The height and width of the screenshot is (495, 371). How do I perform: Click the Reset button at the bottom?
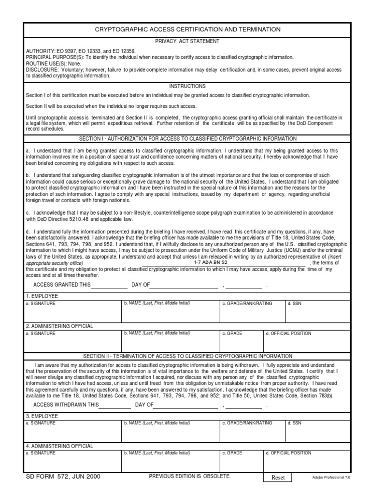pyautogui.click(x=278, y=478)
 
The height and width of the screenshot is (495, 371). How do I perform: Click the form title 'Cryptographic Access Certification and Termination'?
pyautogui.click(x=187, y=30)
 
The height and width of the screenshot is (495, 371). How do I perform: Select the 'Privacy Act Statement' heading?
pyautogui.click(x=187, y=42)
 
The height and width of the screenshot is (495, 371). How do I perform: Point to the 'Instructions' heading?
pyautogui.click(x=187, y=86)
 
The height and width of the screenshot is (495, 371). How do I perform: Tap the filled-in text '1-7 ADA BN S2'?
pyautogui.click(x=211, y=262)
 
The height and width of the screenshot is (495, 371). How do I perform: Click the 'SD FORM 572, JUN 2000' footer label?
pyautogui.click(x=63, y=477)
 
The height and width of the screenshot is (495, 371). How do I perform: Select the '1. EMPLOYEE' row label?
pyautogui.click(x=42, y=296)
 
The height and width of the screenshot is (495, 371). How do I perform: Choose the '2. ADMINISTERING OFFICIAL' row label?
pyautogui.click(x=59, y=326)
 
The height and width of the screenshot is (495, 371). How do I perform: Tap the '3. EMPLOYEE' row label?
pyautogui.click(x=42, y=416)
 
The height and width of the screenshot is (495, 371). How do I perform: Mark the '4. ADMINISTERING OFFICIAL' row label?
pyautogui.click(x=59, y=446)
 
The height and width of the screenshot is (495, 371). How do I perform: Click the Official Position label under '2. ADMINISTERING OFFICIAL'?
pyautogui.click(x=288, y=334)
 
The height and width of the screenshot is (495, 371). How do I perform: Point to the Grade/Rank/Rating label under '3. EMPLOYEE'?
pyautogui.click(x=247, y=423)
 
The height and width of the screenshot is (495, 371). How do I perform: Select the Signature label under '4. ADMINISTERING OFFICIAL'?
pyautogui.click(x=41, y=453)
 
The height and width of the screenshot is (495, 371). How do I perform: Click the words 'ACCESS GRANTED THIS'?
pyautogui.click(x=62, y=285)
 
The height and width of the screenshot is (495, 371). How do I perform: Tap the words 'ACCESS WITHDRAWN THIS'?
pyautogui.click(x=66, y=405)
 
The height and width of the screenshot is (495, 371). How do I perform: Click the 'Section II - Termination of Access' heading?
pyautogui.click(x=187, y=356)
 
